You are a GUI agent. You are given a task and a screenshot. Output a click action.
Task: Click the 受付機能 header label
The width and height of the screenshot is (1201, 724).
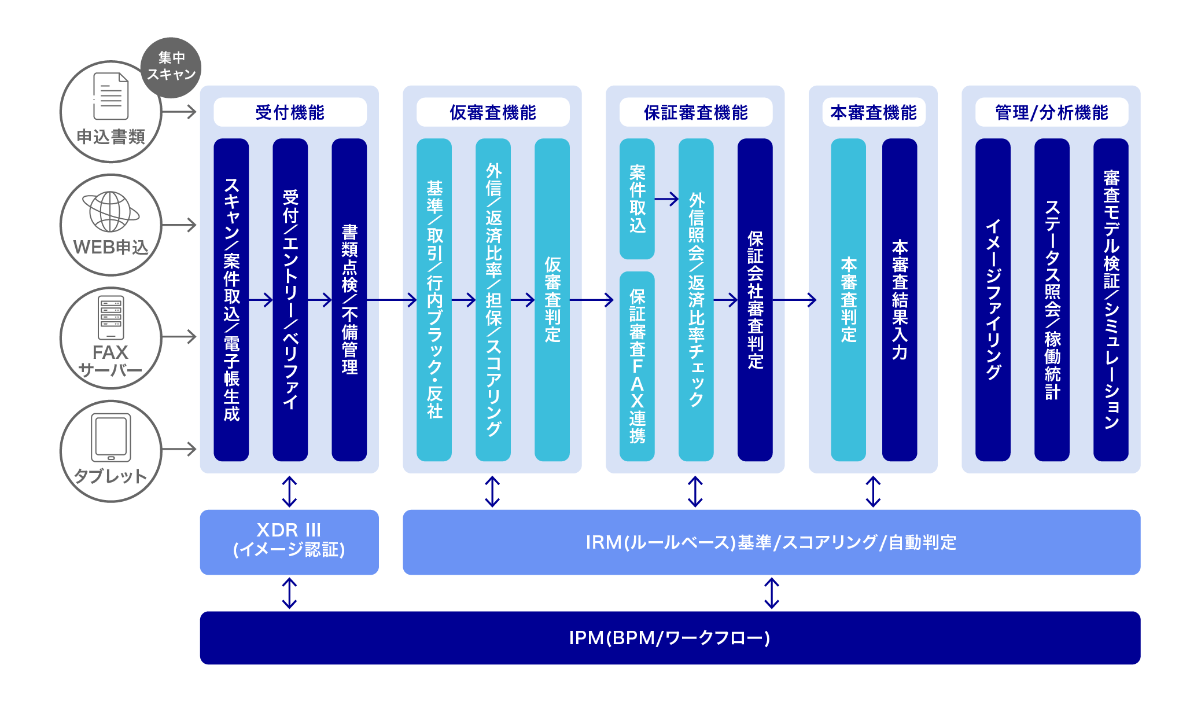tap(290, 112)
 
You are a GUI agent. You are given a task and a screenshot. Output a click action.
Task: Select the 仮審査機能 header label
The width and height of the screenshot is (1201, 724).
tap(493, 112)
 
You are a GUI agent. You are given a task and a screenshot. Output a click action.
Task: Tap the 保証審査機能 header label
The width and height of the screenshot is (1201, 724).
tap(696, 112)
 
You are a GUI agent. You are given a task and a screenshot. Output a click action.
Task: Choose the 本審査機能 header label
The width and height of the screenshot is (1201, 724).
tap(874, 112)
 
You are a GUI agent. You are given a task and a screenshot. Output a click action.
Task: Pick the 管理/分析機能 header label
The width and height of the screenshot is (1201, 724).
tap(1052, 112)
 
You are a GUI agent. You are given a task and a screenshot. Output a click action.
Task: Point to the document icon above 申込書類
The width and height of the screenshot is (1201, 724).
tap(110, 96)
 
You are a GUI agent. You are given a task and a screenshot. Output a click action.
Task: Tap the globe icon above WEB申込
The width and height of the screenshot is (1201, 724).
tap(110, 211)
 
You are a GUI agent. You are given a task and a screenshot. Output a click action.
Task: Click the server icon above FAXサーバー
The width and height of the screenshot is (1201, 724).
tap(110, 317)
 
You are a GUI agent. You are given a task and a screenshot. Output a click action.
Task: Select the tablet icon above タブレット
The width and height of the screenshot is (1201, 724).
tap(110, 437)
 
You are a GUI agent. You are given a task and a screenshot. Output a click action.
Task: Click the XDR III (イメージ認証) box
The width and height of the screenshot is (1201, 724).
tap(289, 542)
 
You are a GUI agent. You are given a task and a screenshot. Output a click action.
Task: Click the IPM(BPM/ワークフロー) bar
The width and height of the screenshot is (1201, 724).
tap(670, 637)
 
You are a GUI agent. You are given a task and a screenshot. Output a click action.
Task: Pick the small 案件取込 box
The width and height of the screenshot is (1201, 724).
tap(637, 199)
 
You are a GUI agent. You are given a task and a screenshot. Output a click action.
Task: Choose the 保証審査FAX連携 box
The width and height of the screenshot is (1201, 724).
tap(637, 366)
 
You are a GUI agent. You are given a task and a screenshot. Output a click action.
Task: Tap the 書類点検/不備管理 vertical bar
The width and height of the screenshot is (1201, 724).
tap(349, 299)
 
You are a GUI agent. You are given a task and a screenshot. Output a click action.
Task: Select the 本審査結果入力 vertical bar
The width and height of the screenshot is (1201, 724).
tap(900, 299)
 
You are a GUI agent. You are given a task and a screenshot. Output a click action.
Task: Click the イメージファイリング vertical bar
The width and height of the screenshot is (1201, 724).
tap(993, 299)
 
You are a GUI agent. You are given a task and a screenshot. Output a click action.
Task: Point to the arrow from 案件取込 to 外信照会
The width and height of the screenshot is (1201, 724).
tap(666, 199)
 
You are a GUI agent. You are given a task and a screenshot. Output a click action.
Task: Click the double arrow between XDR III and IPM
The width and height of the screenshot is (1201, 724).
tap(289, 593)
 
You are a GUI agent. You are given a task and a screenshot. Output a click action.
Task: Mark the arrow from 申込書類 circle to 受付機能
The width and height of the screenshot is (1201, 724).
tap(180, 112)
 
